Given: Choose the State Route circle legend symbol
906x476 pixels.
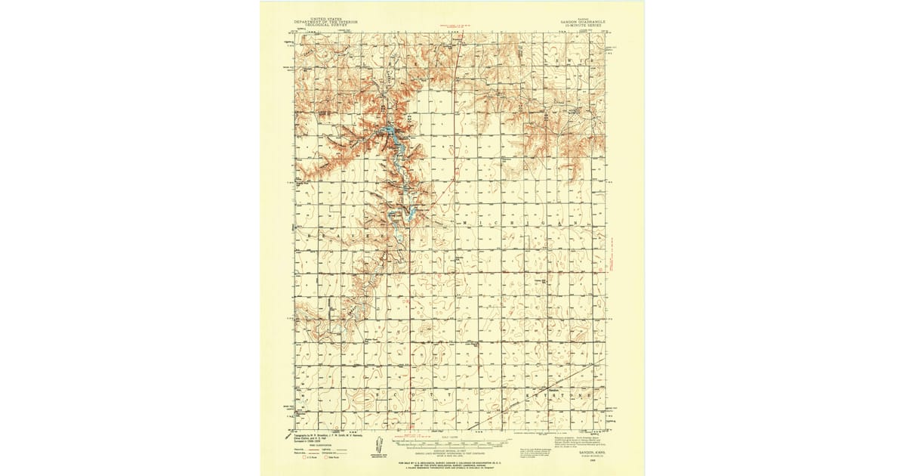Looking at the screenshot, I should click(x=328, y=458).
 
